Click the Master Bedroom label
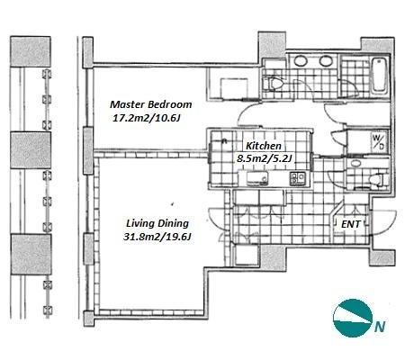point(151,104)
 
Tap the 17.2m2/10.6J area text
point(146,118)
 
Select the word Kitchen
point(264,146)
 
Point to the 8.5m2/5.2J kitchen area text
point(264,158)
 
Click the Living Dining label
point(157,223)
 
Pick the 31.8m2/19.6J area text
point(157,237)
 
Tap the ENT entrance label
point(351,224)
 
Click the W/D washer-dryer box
point(378,142)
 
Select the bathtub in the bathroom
point(379,75)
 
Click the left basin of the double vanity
point(301,61)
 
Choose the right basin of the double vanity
point(326,61)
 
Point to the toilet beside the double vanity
point(274,84)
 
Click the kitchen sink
point(256,179)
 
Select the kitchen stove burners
point(297,178)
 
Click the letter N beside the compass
point(380,327)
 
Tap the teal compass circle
point(353,318)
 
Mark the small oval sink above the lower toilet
point(356,164)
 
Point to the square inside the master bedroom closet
point(234,87)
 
